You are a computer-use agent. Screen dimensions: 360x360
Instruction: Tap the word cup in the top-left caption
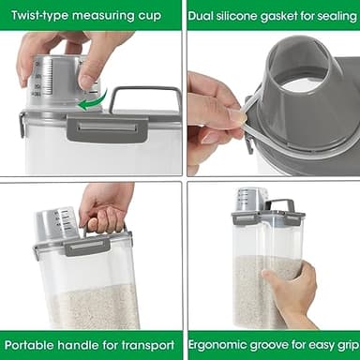coord(148,15)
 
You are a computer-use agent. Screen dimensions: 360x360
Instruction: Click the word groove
coord(274,344)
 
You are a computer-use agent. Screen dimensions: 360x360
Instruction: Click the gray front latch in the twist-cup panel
coord(105,129)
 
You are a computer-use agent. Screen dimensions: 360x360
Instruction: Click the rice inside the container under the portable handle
coord(94,305)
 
